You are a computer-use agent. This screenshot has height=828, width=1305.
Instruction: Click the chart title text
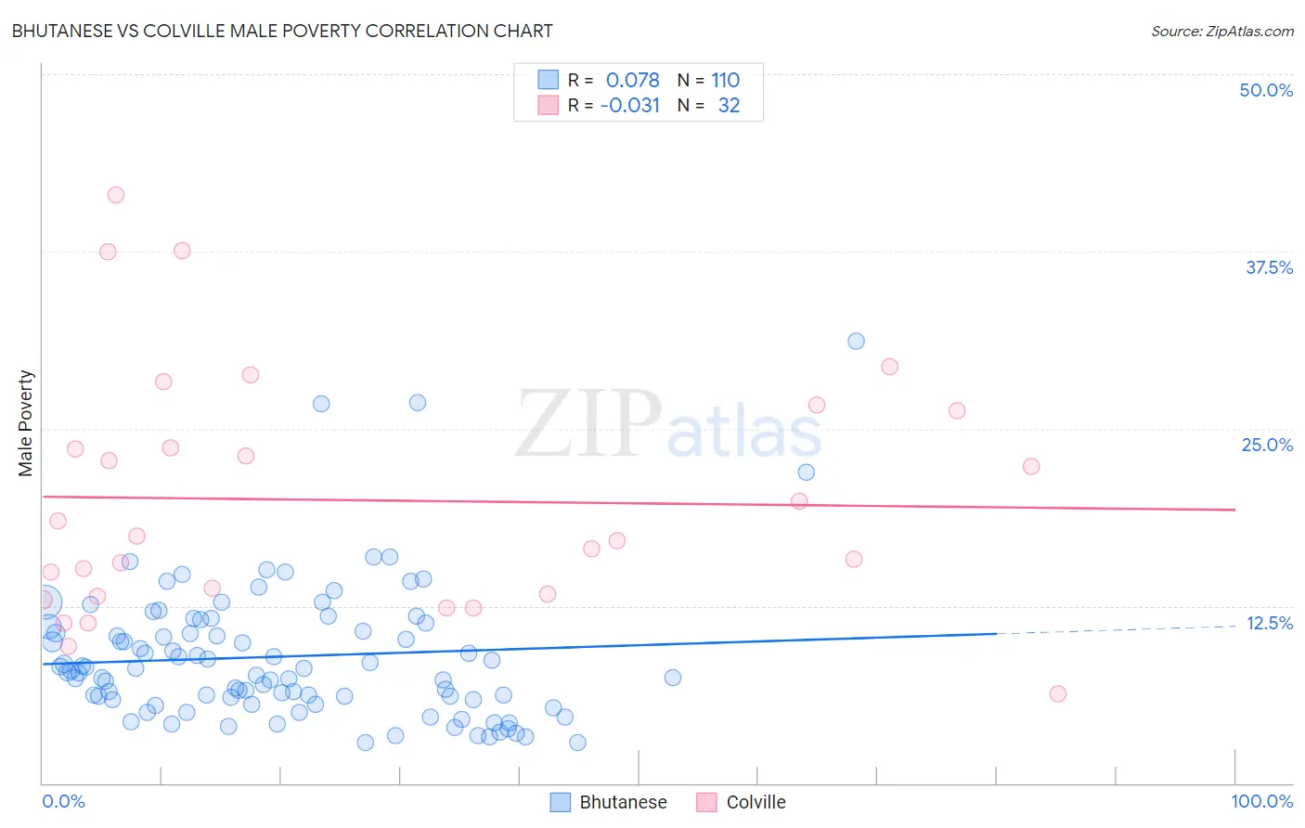pos(282,31)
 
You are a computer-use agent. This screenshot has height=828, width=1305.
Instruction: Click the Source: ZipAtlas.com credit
pos(1221,31)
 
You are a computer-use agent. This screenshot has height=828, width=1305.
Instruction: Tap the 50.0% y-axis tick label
pos(1266,90)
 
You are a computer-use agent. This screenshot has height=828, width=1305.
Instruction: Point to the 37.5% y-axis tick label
pos(1269,267)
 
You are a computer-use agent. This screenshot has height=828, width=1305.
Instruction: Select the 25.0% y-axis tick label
pos(1267,445)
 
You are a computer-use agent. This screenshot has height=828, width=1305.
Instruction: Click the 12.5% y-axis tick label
pos(1269,623)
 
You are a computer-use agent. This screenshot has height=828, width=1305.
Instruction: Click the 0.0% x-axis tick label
pos(63,801)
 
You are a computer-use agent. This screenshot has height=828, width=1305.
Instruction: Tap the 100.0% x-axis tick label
pos(1261,801)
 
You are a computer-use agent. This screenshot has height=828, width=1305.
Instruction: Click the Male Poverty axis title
pos(25,423)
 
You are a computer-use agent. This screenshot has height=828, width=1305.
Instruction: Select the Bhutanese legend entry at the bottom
pos(609,802)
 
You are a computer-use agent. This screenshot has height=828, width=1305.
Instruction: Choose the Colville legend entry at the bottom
pos(742,802)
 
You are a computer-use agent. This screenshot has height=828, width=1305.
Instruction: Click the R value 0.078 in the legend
pos(632,80)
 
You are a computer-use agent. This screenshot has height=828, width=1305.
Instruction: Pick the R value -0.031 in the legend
pos(630,105)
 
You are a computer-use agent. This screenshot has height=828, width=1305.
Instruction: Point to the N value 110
pos(725,80)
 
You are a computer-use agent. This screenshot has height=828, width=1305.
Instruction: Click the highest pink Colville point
pos(116,195)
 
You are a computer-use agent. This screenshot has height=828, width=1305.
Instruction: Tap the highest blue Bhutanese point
pos(856,342)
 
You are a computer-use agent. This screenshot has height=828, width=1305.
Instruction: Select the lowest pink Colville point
pos(1057,693)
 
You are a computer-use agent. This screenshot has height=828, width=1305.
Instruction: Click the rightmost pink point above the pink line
pos(1031,466)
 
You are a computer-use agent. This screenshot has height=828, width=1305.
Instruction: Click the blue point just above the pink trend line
pos(807,472)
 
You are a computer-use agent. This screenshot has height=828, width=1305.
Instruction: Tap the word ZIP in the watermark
pos(588,424)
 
